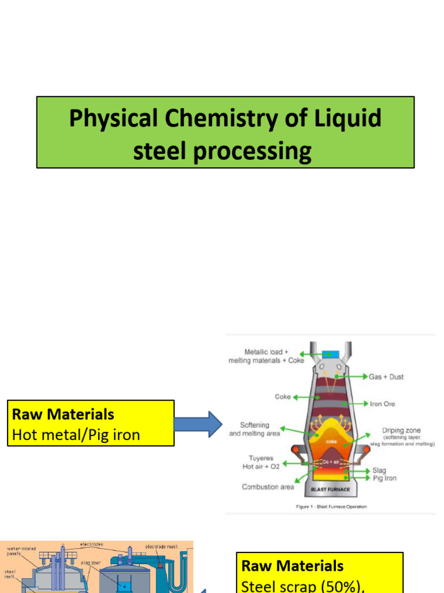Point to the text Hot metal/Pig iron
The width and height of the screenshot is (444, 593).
[x=76, y=434]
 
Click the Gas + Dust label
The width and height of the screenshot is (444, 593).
[x=386, y=377]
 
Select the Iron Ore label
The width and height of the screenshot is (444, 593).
[x=383, y=404]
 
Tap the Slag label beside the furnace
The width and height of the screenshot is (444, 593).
[x=379, y=470]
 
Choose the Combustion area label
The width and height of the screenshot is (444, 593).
[x=268, y=487]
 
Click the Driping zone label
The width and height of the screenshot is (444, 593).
[x=401, y=431]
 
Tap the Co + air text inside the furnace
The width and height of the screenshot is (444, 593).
[x=330, y=462]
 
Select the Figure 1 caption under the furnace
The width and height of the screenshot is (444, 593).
[x=331, y=507]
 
